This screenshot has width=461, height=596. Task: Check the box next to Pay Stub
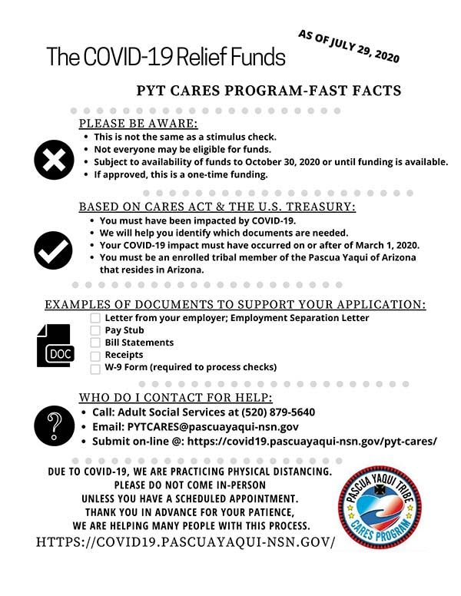95,330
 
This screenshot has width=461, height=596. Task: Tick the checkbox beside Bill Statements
95,343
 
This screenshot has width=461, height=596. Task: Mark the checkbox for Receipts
95,355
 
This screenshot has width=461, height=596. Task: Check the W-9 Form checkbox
95,367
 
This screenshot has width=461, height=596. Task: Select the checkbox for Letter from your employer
95,318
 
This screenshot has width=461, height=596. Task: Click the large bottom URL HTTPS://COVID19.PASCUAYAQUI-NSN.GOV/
185,542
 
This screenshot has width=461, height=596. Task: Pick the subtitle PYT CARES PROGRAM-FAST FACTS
268,90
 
